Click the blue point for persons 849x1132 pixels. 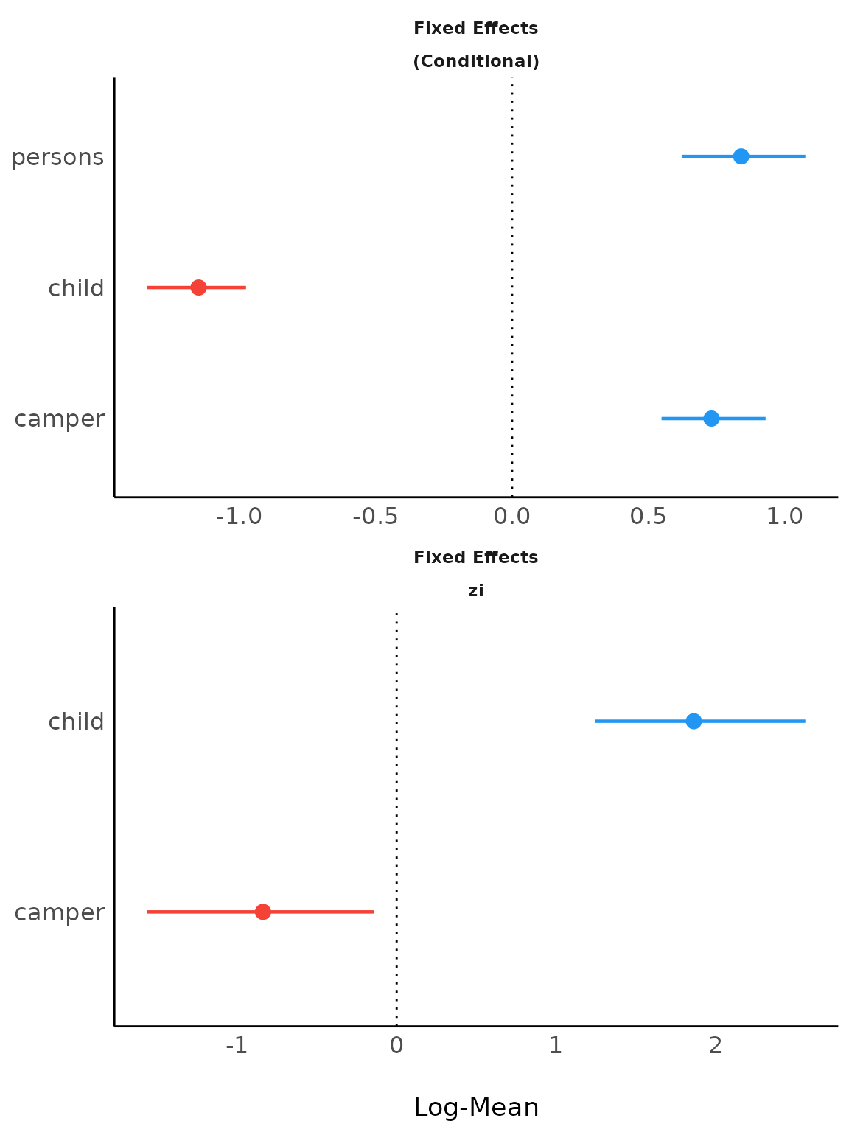(x=741, y=156)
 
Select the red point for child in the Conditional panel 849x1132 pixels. (x=198, y=287)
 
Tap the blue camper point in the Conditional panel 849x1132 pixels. (x=710, y=419)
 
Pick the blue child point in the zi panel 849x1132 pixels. (x=693, y=721)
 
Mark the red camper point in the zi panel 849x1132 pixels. (x=262, y=912)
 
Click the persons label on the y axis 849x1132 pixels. (x=57, y=157)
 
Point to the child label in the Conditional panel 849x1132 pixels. (x=76, y=288)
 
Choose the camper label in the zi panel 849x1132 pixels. (x=59, y=912)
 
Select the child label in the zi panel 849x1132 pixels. (x=76, y=722)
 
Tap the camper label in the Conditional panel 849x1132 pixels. (x=59, y=419)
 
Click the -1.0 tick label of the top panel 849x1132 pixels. (x=239, y=517)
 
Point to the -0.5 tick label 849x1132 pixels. (x=375, y=517)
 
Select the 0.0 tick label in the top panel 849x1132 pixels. (x=511, y=517)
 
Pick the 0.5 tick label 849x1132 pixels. (x=648, y=517)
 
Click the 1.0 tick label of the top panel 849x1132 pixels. (x=784, y=517)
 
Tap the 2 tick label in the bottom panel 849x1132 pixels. (x=715, y=1045)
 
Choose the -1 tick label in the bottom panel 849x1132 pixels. (x=237, y=1045)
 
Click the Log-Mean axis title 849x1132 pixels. (x=476, y=1107)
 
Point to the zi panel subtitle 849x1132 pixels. (x=476, y=591)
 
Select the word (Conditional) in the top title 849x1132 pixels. (x=476, y=62)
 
